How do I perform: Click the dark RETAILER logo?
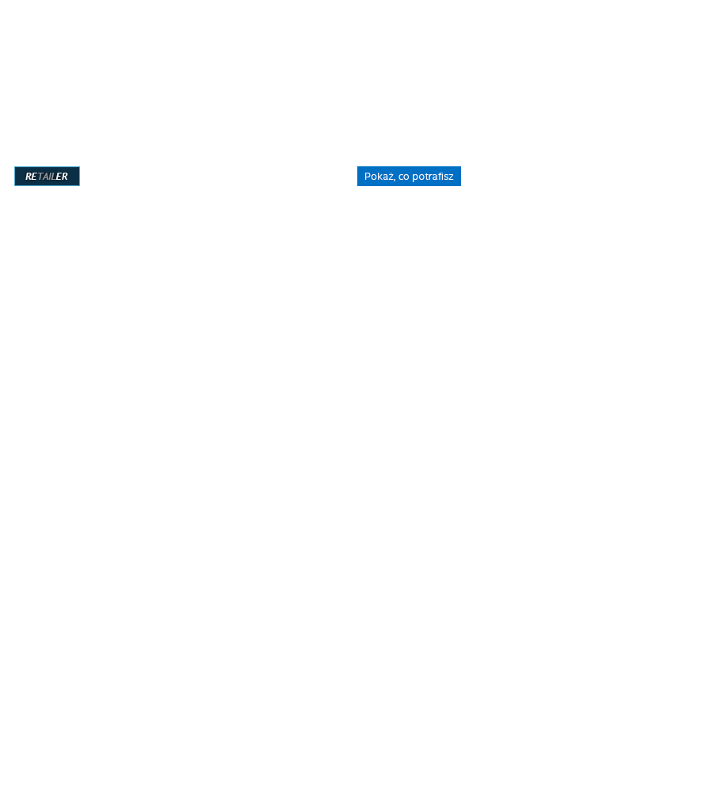point(47,177)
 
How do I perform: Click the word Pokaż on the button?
point(379,177)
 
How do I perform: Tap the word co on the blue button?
point(404,177)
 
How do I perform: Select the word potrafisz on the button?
point(433,177)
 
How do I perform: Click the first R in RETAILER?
point(29,177)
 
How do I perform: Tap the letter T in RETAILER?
point(40,177)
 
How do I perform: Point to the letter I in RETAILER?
point(51,177)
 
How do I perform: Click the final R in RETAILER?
point(65,177)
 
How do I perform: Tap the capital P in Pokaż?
point(368,177)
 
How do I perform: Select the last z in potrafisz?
point(452,177)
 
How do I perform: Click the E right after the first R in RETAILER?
point(34,177)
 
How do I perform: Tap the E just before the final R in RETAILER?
point(59,177)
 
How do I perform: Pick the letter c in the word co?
point(401,177)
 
